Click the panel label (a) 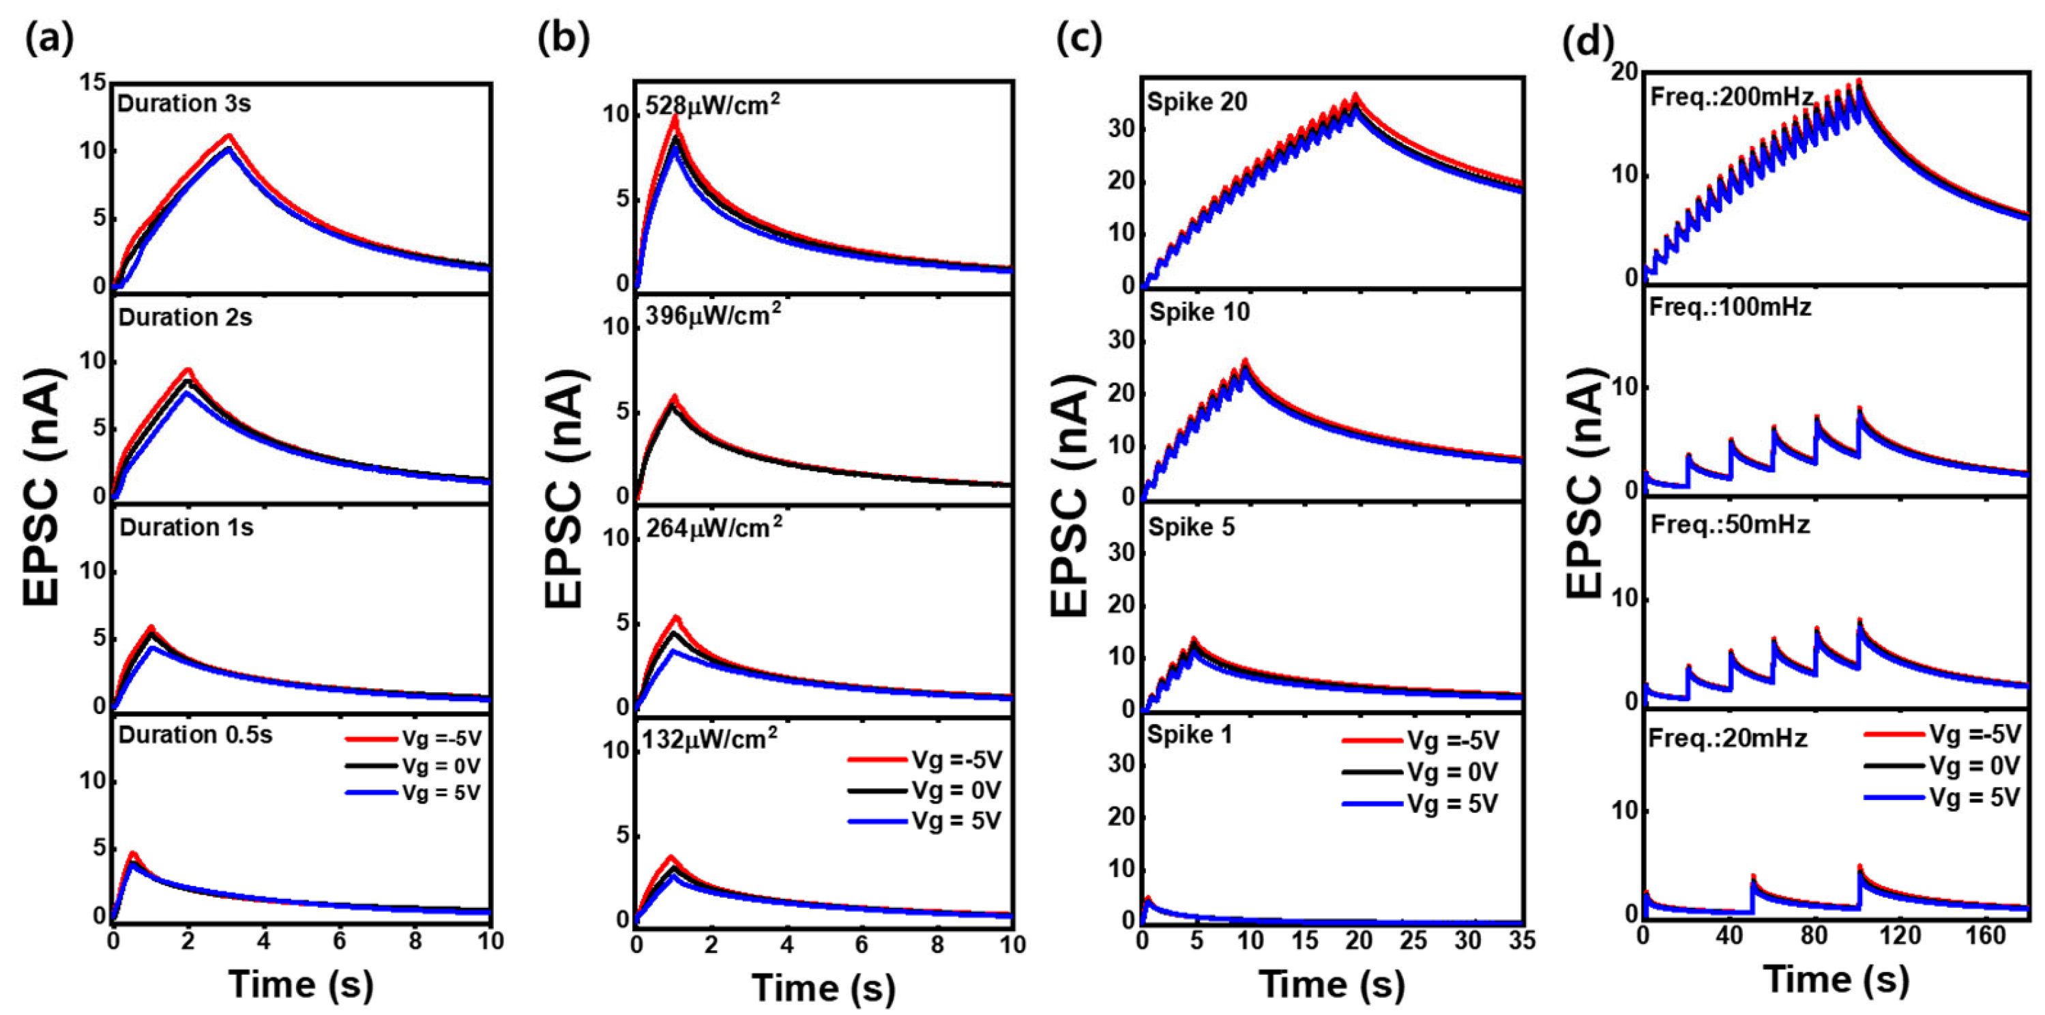[49, 38]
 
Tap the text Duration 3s [184, 104]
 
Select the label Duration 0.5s [195, 734]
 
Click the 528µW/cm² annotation [712, 104]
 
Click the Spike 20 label [1197, 102]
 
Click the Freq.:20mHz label [1727, 739]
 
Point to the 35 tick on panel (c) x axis [1521, 941]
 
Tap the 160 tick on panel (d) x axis [1986, 936]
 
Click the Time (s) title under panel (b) [823, 988]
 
